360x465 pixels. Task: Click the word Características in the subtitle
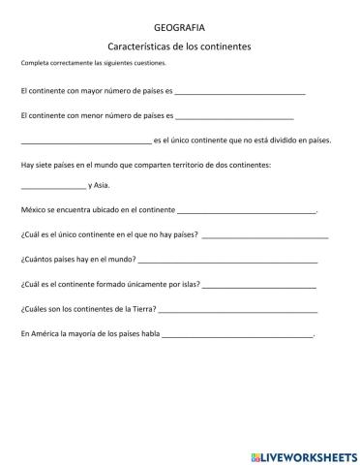pos(145,46)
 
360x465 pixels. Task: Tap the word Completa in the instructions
pos(35,64)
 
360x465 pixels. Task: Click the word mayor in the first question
pos(98,91)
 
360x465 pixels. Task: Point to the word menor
pos(98,115)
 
